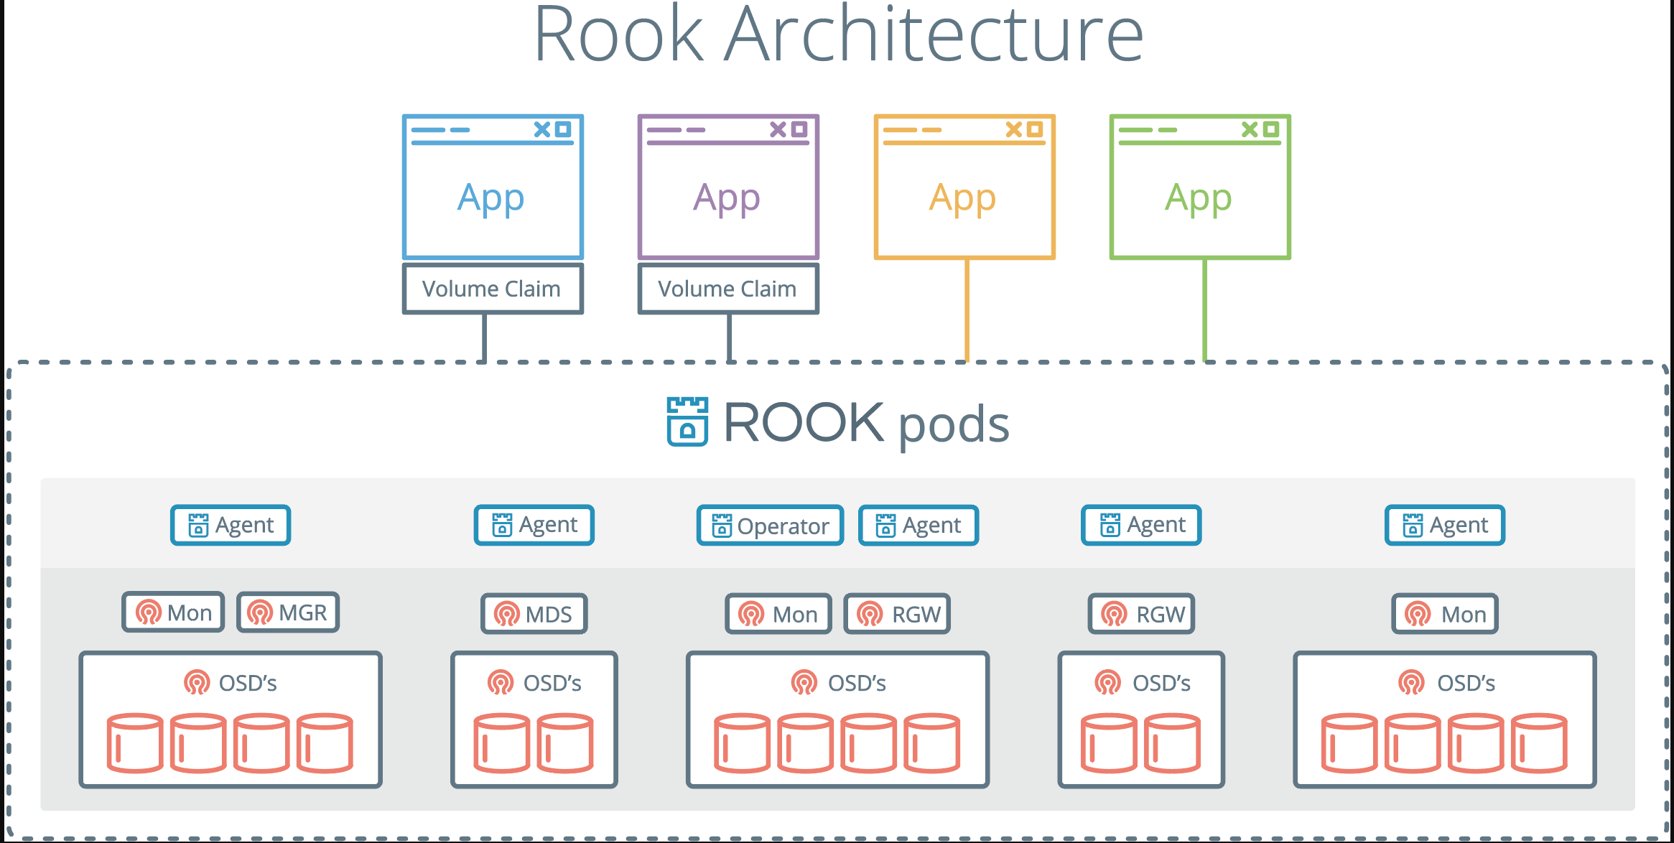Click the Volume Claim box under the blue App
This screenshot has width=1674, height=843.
[x=493, y=289]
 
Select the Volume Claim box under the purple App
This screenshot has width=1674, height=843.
[x=728, y=289]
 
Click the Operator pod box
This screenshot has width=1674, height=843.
[x=770, y=526]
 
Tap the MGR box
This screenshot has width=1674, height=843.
[x=288, y=613]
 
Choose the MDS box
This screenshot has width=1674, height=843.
[x=534, y=614]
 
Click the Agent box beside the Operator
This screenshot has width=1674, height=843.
[x=919, y=526]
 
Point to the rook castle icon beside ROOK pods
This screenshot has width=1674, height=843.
[x=687, y=421]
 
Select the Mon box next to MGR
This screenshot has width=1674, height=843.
[x=173, y=613]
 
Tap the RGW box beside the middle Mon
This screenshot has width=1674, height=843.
[x=897, y=614]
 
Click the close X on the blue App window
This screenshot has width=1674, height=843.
[x=542, y=129]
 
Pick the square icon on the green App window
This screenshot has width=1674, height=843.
[x=1270, y=129]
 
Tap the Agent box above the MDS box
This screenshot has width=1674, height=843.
[x=534, y=525]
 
